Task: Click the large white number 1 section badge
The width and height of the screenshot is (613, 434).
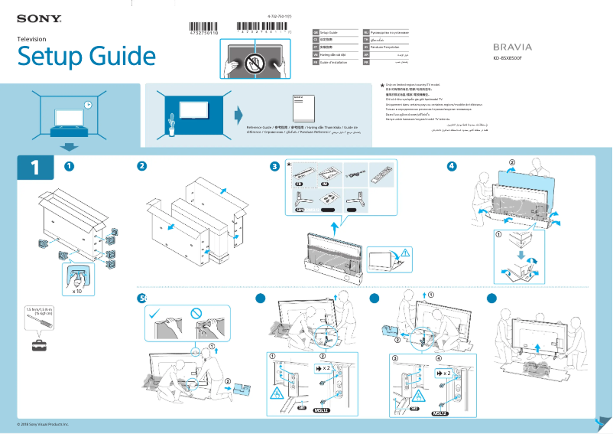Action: pos(33,168)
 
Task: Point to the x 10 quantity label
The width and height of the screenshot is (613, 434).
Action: pos(77,292)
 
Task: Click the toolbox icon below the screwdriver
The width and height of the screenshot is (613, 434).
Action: pos(39,345)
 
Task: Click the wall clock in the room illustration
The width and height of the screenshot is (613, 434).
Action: pos(88,105)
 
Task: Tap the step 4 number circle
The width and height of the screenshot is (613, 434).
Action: pos(452,166)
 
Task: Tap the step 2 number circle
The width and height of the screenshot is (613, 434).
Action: pos(141,166)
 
